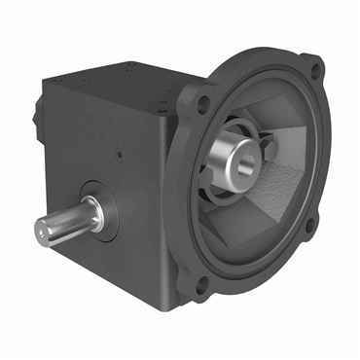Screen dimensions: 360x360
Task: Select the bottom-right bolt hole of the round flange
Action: pyautogui.click(x=309, y=227)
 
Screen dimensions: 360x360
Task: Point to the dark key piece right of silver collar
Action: pyautogui.click(x=270, y=148)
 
